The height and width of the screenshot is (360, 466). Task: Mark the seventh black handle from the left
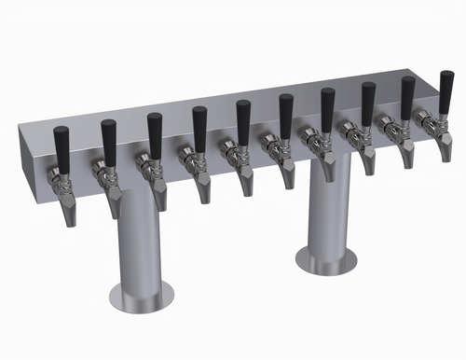point(327,104)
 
